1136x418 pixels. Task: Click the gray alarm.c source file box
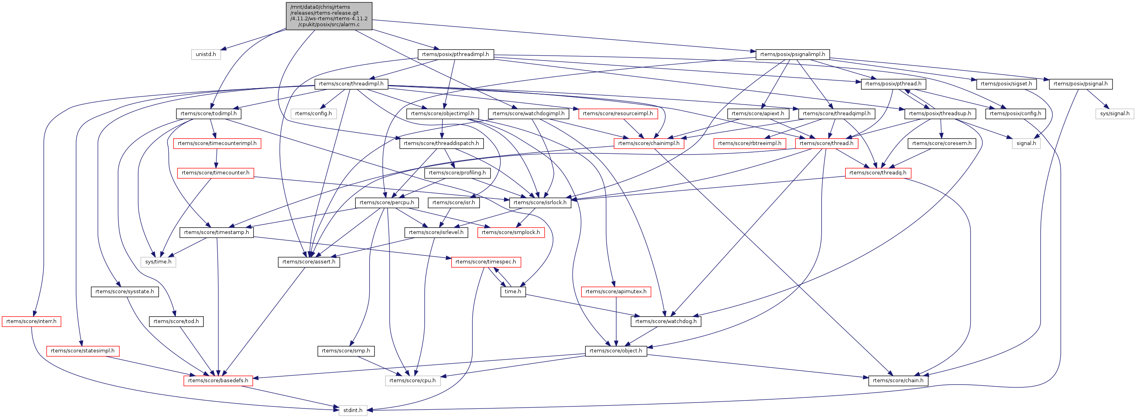coord(329,16)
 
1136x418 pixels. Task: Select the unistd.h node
coord(206,54)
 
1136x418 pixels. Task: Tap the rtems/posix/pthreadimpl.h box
coord(456,54)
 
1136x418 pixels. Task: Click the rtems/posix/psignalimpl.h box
coord(793,54)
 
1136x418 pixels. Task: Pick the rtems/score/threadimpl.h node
coord(351,84)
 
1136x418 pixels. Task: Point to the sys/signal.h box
coord(1115,114)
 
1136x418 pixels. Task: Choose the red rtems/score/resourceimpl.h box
coord(618,114)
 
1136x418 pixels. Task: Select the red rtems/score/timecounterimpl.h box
coord(217,143)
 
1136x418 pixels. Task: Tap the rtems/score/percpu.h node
coord(386,203)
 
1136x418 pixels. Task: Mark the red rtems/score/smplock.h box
coord(511,232)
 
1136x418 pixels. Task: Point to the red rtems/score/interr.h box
coord(31,321)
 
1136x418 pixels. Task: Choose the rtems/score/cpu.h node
coord(412,381)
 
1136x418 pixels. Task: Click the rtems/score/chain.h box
coord(898,381)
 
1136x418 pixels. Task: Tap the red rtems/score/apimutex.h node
coord(616,292)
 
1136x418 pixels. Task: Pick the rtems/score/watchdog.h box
coord(666,321)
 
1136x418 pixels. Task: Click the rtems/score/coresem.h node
coord(941,143)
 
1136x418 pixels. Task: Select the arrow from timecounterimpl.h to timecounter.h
coord(216,158)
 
